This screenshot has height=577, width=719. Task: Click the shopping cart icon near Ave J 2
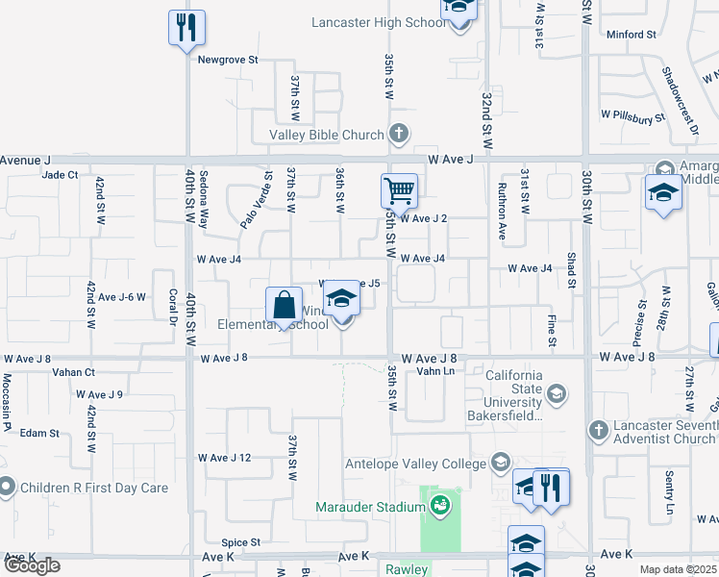tap(399, 190)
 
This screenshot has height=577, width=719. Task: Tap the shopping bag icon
tap(285, 307)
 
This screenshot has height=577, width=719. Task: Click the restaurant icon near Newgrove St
tap(186, 27)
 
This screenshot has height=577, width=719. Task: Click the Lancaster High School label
tap(379, 22)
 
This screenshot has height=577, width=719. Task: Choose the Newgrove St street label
tap(229, 60)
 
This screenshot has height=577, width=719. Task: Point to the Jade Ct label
tap(60, 175)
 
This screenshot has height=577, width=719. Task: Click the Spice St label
tap(241, 542)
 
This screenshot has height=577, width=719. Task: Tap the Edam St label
tap(39, 434)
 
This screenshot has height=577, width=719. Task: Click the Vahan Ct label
tap(74, 372)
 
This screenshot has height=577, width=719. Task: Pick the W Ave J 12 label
tap(224, 458)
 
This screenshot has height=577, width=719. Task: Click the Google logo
tap(32, 564)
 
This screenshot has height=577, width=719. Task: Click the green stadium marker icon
tap(440, 506)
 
